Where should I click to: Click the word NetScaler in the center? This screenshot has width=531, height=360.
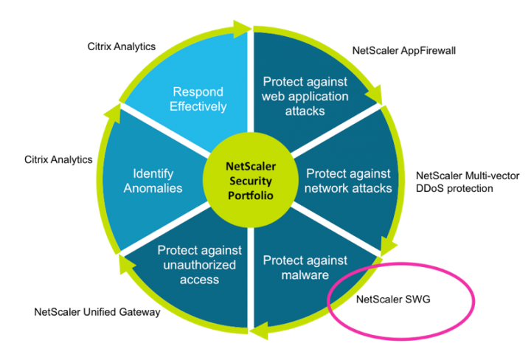[250, 167]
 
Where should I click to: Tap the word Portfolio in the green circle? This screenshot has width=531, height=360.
[250, 195]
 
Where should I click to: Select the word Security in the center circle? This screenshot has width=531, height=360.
[250, 181]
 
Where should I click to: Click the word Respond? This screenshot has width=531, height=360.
[198, 92]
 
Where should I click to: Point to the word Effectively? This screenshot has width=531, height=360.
[198, 106]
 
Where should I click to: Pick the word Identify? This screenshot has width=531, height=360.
[153, 174]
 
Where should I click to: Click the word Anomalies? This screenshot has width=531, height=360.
[153, 188]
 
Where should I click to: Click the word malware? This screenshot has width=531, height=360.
[305, 275]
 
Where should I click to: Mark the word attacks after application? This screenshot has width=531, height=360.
[305, 111]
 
